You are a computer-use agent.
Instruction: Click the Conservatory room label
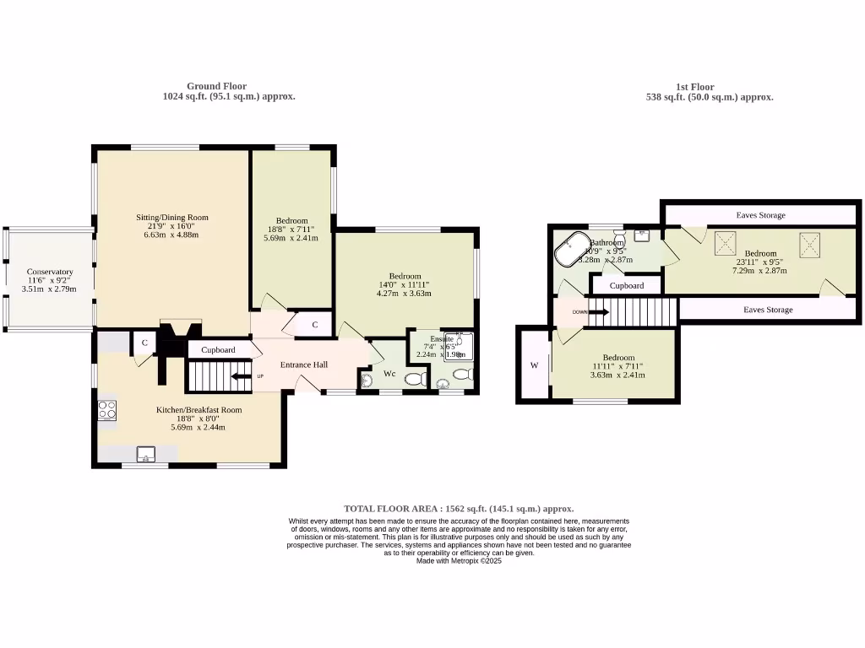pyautogui.click(x=49, y=272)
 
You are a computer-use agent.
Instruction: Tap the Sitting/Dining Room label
pyautogui.click(x=172, y=217)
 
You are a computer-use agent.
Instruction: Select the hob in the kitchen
pyautogui.click(x=107, y=410)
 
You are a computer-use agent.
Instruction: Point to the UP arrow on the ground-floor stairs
pyautogui.click(x=240, y=376)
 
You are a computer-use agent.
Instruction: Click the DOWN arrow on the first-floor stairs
pyautogui.click(x=591, y=312)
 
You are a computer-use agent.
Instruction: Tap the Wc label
pyautogui.click(x=389, y=373)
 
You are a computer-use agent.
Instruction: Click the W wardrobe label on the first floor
pyautogui.click(x=534, y=365)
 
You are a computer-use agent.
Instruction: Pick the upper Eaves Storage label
pyautogui.click(x=760, y=215)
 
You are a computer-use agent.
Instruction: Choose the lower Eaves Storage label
pyautogui.click(x=768, y=310)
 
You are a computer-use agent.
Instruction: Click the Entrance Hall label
pyautogui.click(x=304, y=364)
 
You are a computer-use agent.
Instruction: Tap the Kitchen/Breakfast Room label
pyautogui.click(x=199, y=410)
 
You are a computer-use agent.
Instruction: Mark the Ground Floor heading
pyautogui.click(x=216, y=86)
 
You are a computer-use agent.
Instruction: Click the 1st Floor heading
pyautogui.click(x=694, y=87)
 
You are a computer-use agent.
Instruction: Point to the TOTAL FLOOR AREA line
pyautogui.click(x=459, y=509)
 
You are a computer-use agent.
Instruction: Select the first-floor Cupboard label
pyautogui.click(x=627, y=285)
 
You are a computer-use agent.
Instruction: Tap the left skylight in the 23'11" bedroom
pyautogui.click(x=726, y=244)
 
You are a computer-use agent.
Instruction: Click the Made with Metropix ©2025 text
pyautogui.click(x=459, y=560)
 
